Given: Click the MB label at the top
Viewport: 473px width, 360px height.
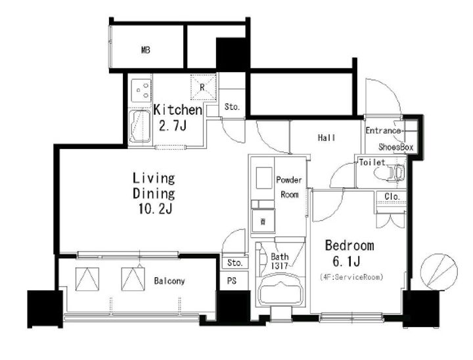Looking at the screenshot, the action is pyautogui.click(x=146, y=50).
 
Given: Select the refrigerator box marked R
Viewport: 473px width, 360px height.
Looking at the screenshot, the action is pyautogui.click(x=203, y=87).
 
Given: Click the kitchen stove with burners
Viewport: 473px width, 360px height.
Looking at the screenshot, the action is pyautogui.click(x=141, y=90).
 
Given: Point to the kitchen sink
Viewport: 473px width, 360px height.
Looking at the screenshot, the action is pyautogui.click(x=140, y=126).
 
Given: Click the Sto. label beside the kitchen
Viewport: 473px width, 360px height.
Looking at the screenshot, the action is pyautogui.click(x=232, y=107).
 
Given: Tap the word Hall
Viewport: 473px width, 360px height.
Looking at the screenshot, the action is pyautogui.click(x=327, y=138).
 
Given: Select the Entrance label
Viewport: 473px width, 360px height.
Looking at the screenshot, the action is pyautogui.click(x=383, y=131).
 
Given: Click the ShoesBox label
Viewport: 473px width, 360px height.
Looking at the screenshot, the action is pyautogui.click(x=395, y=147).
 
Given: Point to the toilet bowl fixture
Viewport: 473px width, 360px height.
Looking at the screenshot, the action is pyautogui.click(x=389, y=173).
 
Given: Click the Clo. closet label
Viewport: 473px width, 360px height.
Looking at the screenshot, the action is pyautogui.click(x=392, y=196).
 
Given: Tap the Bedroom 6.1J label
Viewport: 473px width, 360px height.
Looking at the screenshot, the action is pyautogui.click(x=349, y=254).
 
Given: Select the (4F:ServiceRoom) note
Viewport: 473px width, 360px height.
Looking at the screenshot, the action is pyautogui.click(x=351, y=277).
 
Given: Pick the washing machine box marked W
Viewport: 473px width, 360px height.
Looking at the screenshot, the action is pyautogui.click(x=263, y=221).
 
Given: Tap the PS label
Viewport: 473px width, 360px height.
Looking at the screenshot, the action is pyautogui.click(x=232, y=281).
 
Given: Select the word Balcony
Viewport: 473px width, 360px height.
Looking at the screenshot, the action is pyautogui.click(x=169, y=281).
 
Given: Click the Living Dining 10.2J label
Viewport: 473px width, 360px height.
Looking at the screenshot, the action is pyautogui.click(x=154, y=193).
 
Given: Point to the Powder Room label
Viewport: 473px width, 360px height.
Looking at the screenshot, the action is pyautogui.click(x=289, y=187).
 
